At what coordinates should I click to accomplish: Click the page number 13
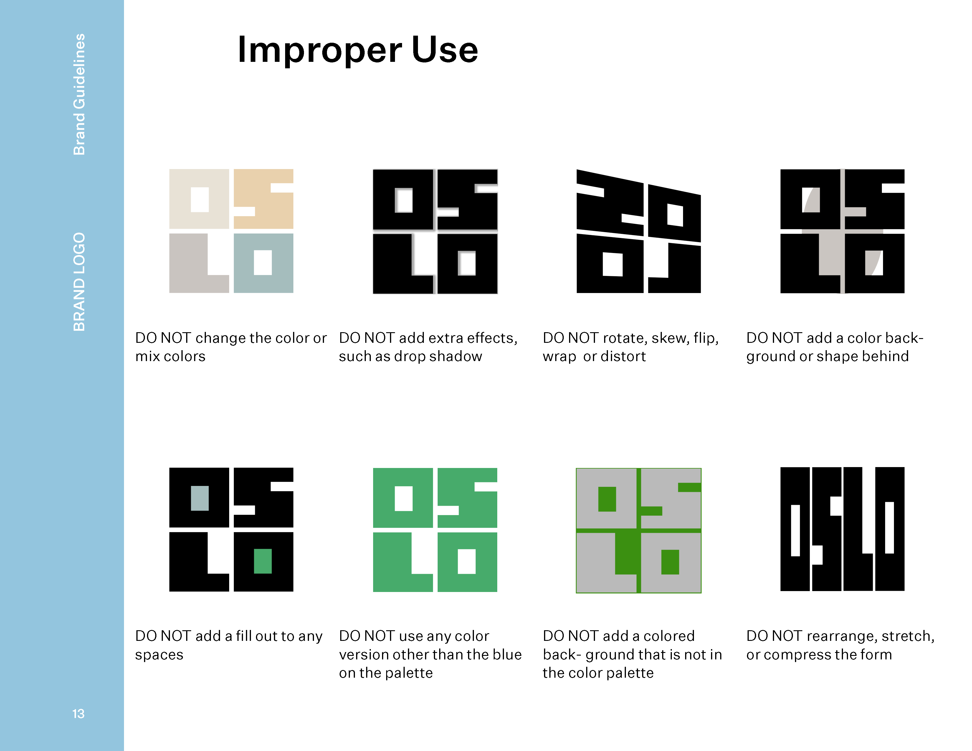tap(78, 714)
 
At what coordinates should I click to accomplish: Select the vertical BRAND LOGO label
tap(79, 282)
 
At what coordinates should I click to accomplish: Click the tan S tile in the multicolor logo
tap(264, 199)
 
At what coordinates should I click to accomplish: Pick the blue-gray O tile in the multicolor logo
tap(264, 263)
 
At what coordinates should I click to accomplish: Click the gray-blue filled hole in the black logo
tap(200, 498)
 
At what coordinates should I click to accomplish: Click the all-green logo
tap(435, 530)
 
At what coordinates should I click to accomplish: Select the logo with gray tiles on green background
tap(639, 530)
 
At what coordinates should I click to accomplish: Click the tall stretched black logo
tap(842, 529)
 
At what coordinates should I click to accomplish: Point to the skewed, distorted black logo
tap(639, 231)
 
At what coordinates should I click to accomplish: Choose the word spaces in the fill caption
tap(159, 655)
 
